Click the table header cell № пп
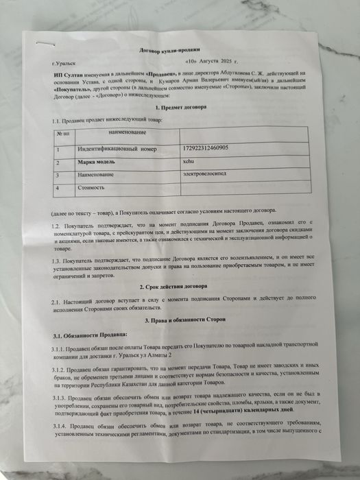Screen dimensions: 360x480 click(x=62, y=134)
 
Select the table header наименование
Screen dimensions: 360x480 click(x=127, y=132)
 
